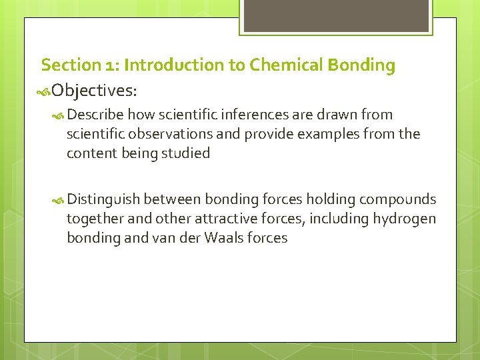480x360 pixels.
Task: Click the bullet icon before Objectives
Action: [x=44, y=90]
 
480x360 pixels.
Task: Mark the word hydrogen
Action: [x=405, y=219]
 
